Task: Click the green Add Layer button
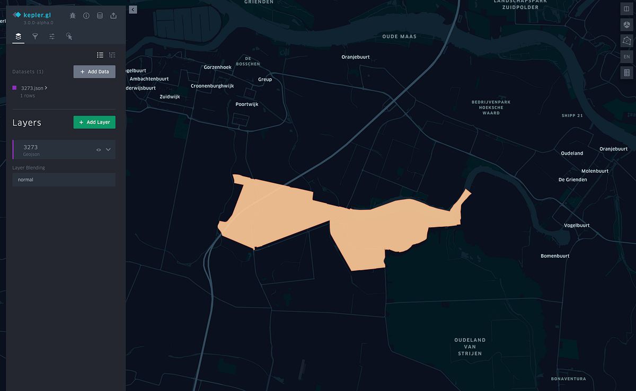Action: pyautogui.click(x=94, y=122)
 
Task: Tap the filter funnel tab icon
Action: pyautogui.click(x=35, y=37)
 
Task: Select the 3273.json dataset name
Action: pyautogui.click(x=32, y=88)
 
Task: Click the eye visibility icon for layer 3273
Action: pyautogui.click(x=99, y=150)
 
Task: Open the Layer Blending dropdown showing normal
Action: pyautogui.click(x=64, y=180)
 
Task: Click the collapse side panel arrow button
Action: pyautogui.click(x=132, y=10)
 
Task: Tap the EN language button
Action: pyautogui.click(x=627, y=57)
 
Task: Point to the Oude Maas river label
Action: pyautogui.click(x=399, y=37)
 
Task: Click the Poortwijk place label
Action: pyautogui.click(x=247, y=104)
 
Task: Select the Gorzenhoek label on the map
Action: pyautogui.click(x=218, y=67)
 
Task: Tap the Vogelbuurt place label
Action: pyautogui.click(x=577, y=225)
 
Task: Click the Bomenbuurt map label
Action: pyautogui.click(x=555, y=256)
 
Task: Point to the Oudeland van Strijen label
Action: pyautogui.click(x=470, y=346)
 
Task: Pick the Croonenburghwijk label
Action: pyautogui.click(x=213, y=86)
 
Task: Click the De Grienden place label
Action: pyautogui.click(x=573, y=180)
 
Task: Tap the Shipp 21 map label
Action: pyautogui.click(x=572, y=115)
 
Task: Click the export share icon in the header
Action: pyautogui.click(x=113, y=16)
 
